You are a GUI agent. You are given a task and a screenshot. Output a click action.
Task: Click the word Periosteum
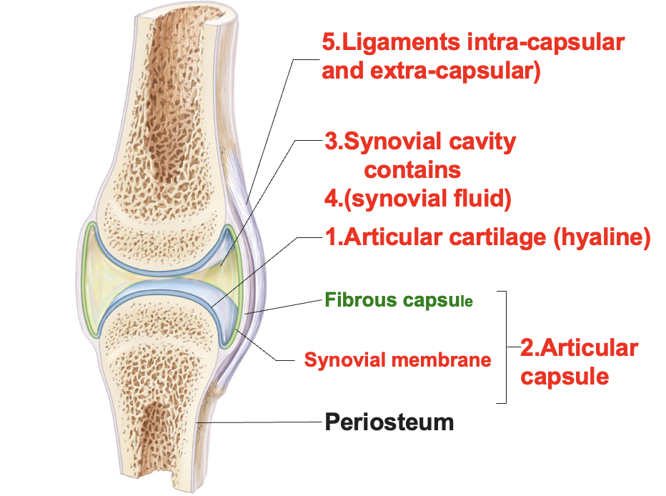click(389, 422)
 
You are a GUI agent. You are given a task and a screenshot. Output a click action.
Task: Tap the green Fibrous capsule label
click(399, 299)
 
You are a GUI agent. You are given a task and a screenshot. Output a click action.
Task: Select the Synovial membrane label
click(397, 359)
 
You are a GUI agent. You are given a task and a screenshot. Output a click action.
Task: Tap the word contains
click(412, 170)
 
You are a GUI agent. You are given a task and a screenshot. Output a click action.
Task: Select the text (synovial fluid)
click(427, 198)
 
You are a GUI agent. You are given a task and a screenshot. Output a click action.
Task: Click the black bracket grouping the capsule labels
click(507, 347)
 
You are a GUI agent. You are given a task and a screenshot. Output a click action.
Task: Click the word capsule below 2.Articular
click(565, 376)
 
